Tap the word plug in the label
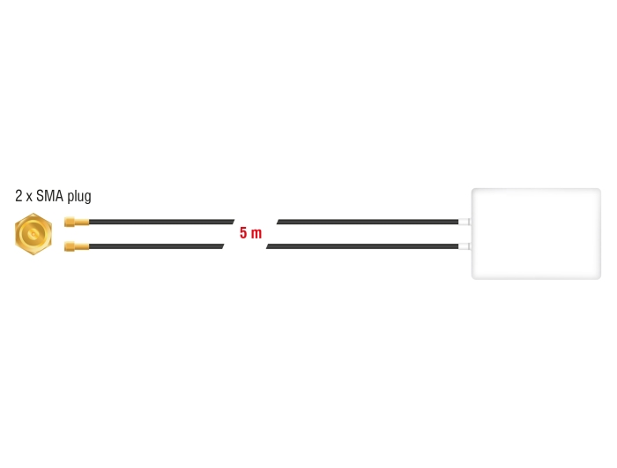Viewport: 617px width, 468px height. (x=79, y=196)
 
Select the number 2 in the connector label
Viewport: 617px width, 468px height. (x=19, y=195)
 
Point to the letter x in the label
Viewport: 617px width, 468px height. (x=29, y=198)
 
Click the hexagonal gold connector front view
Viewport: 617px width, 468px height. (x=33, y=234)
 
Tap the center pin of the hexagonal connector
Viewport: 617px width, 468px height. (x=33, y=234)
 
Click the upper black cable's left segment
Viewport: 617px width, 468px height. (x=161, y=222)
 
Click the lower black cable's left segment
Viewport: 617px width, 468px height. (x=157, y=246)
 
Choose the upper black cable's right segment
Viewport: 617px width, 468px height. (x=368, y=222)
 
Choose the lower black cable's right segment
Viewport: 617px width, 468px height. (x=362, y=246)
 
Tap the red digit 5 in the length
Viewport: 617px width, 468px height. (x=243, y=233)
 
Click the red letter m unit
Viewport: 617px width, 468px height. (x=256, y=234)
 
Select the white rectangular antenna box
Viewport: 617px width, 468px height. (x=536, y=234)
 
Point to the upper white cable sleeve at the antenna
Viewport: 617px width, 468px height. (x=465, y=222)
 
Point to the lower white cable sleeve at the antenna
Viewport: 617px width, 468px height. (x=465, y=246)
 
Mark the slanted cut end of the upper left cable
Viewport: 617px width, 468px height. (x=234, y=222)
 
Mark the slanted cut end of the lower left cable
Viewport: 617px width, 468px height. (x=223, y=246)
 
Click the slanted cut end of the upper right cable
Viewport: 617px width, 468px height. (x=278, y=222)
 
